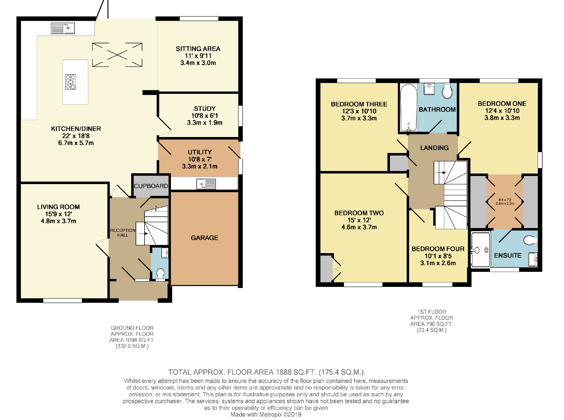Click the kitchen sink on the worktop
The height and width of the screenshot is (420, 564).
click(63, 28)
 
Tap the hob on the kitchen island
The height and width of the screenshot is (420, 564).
click(70, 82)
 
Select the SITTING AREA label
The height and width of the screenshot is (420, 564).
click(198, 49)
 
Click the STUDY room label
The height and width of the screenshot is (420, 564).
click(205, 109)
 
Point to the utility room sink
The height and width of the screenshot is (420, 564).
click(206, 184)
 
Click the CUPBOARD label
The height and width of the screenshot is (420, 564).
click(151, 186)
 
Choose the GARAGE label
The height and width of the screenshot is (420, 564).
click(204, 238)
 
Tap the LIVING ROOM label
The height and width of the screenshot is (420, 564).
click(58, 207)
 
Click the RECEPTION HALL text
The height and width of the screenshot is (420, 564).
click(123, 233)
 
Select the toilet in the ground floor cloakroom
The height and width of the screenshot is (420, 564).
click(160, 273)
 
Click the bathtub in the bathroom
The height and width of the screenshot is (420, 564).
click(409, 108)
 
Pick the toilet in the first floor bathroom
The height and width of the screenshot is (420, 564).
click(448, 91)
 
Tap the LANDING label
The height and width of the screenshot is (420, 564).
click(434, 148)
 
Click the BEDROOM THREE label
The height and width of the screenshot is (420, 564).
click(359, 104)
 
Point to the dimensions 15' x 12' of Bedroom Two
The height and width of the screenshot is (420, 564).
click(359, 220)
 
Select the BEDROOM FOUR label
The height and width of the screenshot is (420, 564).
click(438, 249)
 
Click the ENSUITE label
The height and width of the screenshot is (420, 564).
click(508, 255)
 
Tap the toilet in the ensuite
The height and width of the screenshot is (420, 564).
click(531, 240)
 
